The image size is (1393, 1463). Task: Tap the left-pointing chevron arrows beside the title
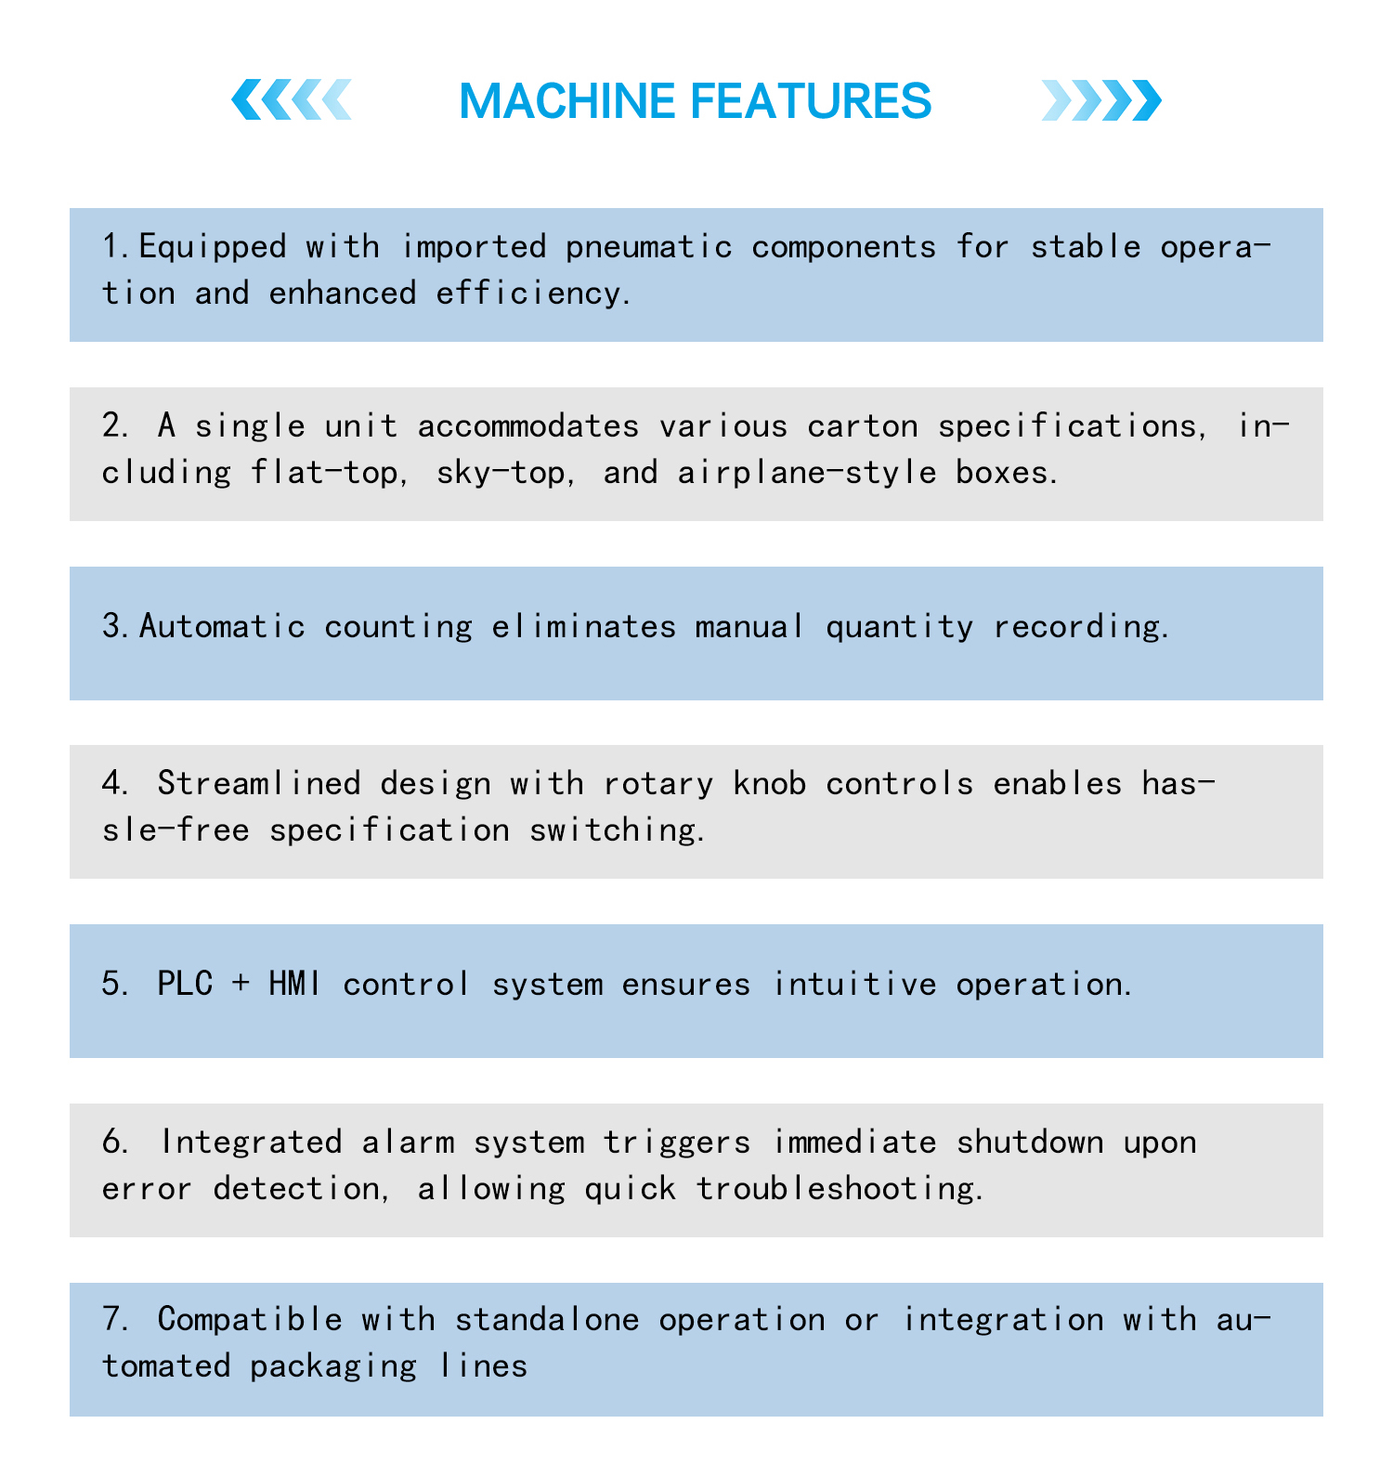(x=292, y=100)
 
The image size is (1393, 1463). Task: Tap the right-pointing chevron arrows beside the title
(x=1101, y=100)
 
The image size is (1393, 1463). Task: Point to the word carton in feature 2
(x=863, y=426)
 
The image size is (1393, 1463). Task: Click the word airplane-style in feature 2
(x=807, y=473)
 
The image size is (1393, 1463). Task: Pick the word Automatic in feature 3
(x=222, y=626)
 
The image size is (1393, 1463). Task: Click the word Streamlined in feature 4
(x=259, y=783)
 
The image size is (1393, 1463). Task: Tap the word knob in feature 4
(x=770, y=783)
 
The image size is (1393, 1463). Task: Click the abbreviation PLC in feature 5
(x=185, y=984)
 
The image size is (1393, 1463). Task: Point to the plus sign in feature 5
(x=241, y=985)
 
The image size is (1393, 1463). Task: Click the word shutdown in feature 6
(x=1030, y=1141)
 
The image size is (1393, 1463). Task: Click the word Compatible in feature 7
(x=250, y=1320)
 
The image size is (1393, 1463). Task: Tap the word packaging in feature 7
(x=333, y=1366)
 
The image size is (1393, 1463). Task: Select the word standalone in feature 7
(x=547, y=1319)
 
